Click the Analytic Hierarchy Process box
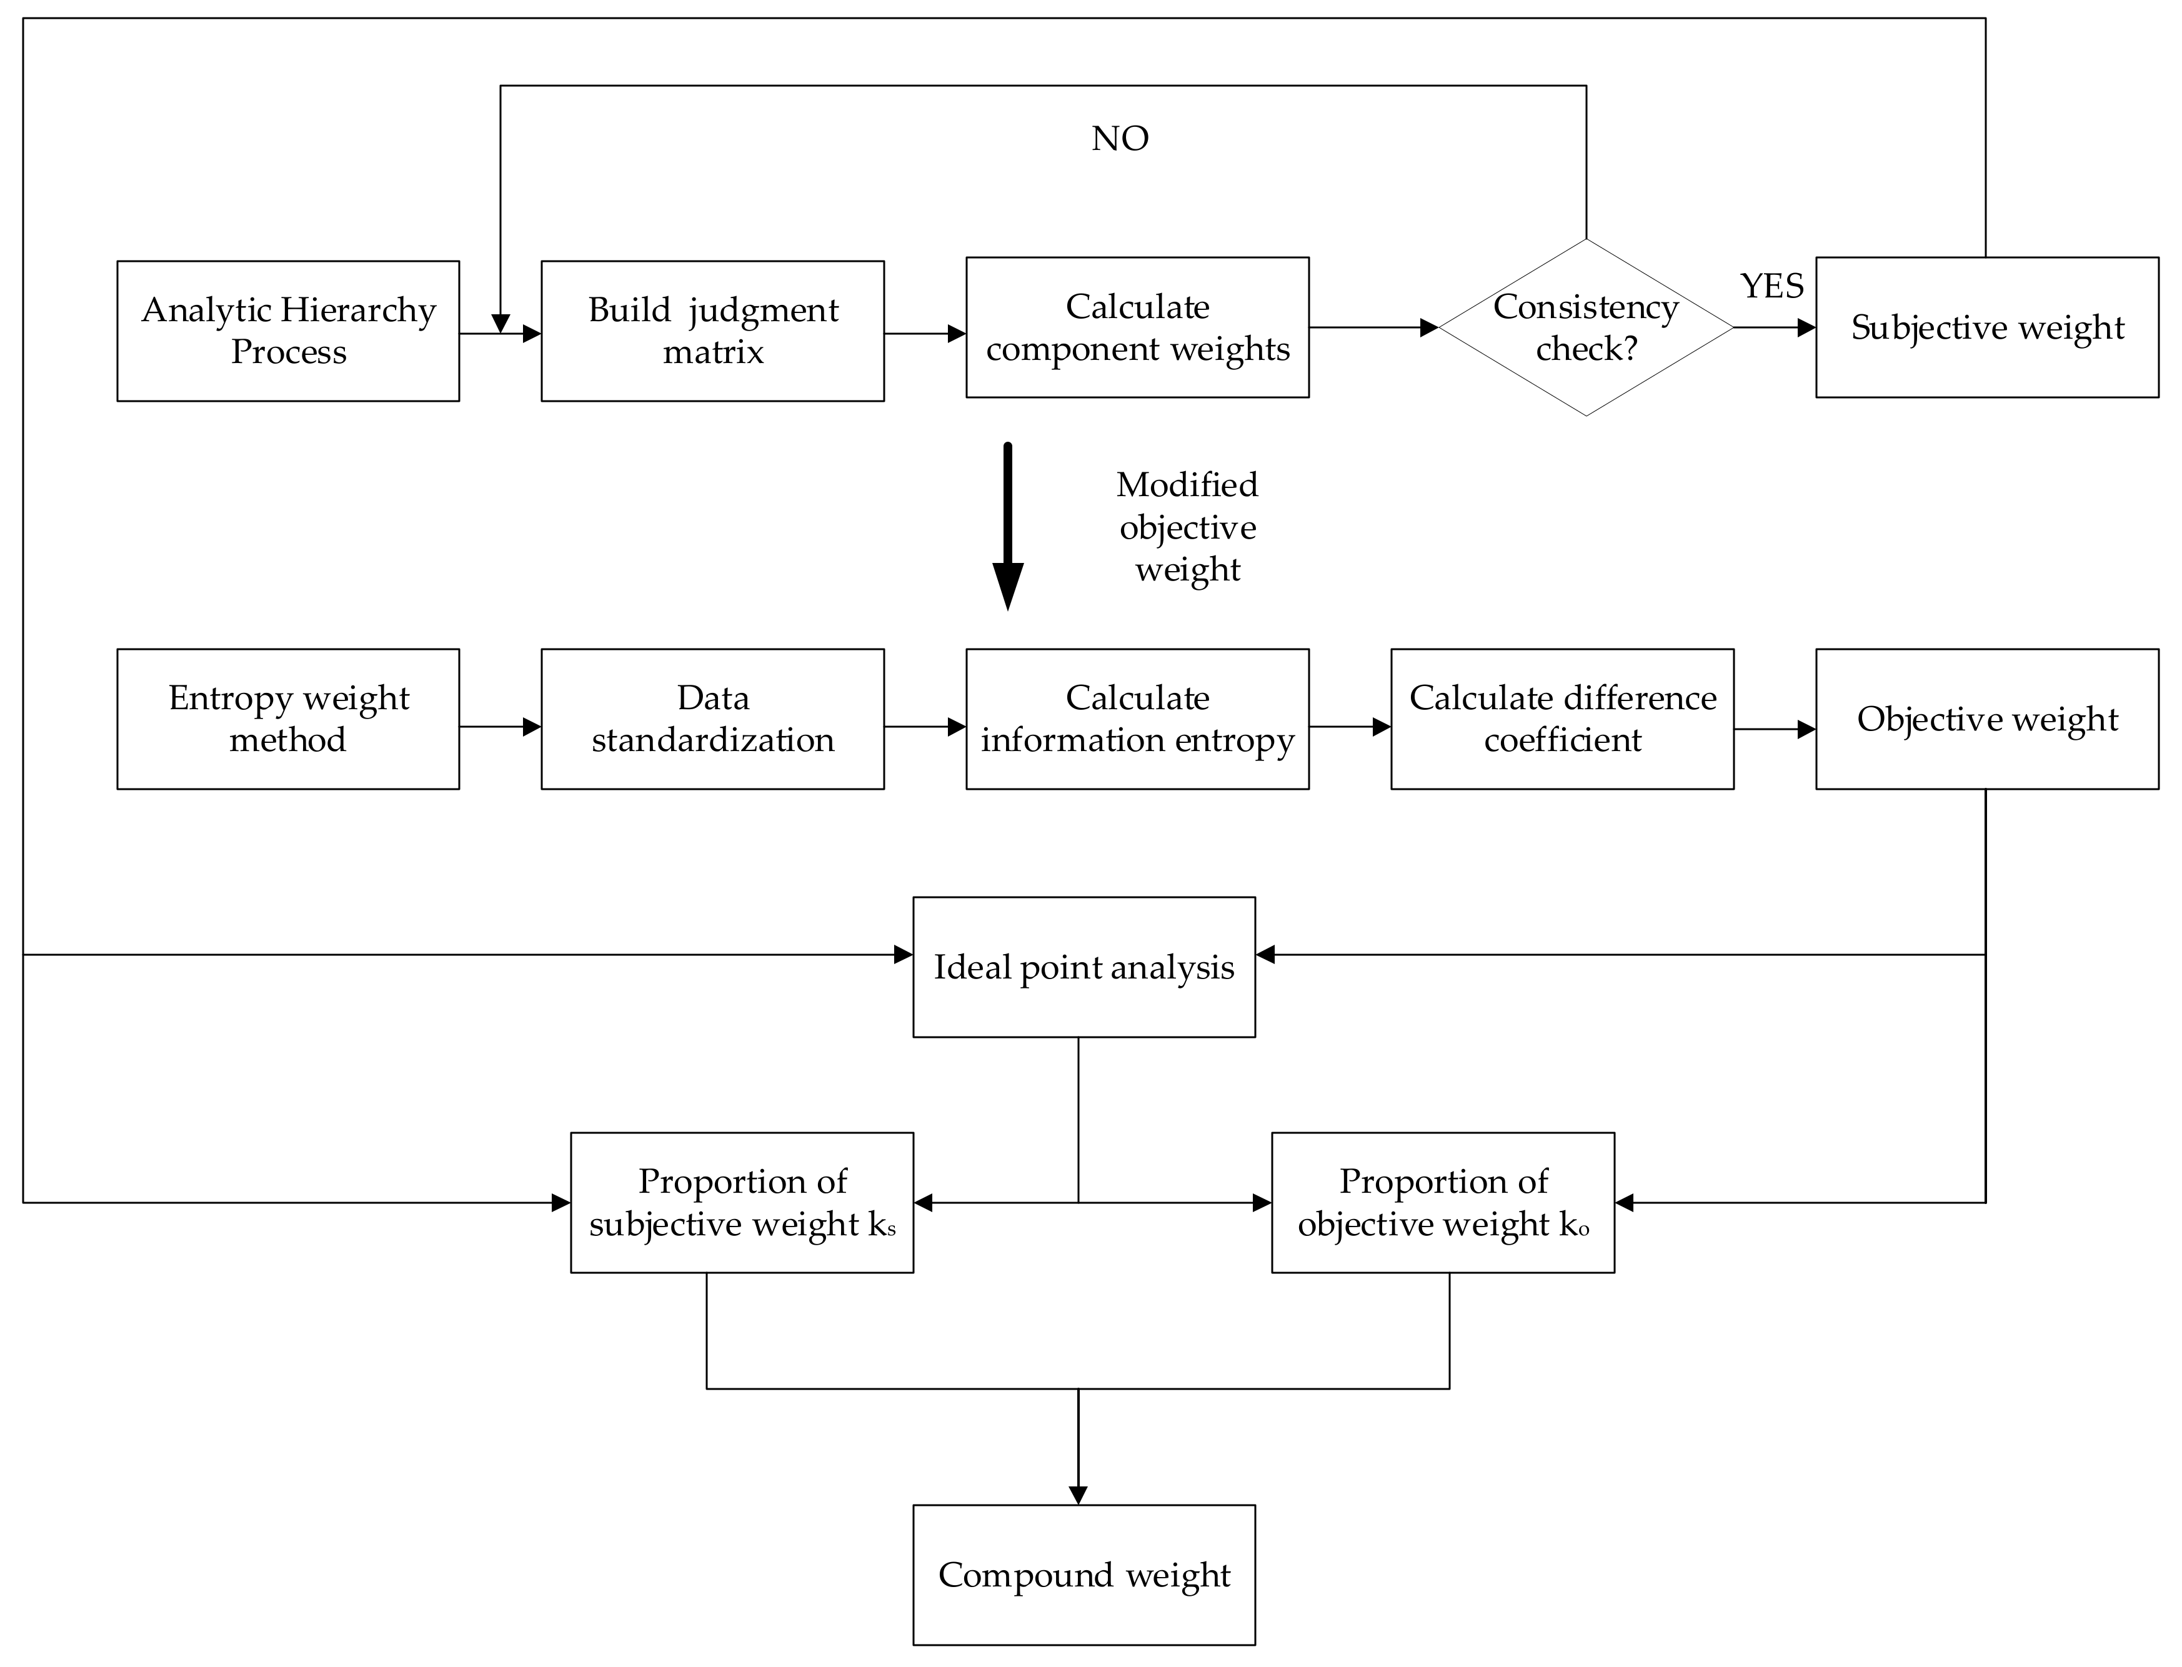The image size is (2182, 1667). click(x=288, y=331)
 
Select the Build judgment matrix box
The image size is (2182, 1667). click(x=712, y=331)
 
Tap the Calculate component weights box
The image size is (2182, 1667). click(x=1137, y=327)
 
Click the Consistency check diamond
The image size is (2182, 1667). click(x=1586, y=327)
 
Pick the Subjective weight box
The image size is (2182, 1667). click(x=1986, y=327)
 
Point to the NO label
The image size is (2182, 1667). click(x=1120, y=139)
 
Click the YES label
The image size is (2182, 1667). click(x=1772, y=286)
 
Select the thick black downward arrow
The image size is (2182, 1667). click(x=1008, y=526)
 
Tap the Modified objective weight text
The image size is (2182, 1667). click(x=1187, y=527)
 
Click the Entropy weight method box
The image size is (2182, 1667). click(x=288, y=719)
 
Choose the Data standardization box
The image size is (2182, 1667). click(x=712, y=719)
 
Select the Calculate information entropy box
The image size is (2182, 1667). click(x=1137, y=719)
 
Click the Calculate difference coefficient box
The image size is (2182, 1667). click(x=1562, y=719)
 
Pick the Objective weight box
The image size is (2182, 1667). click(x=1986, y=719)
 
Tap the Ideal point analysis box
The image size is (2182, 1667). click(x=1084, y=967)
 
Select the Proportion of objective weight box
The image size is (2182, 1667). click(x=1443, y=1203)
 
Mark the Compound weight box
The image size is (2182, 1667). click(x=1084, y=1575)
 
